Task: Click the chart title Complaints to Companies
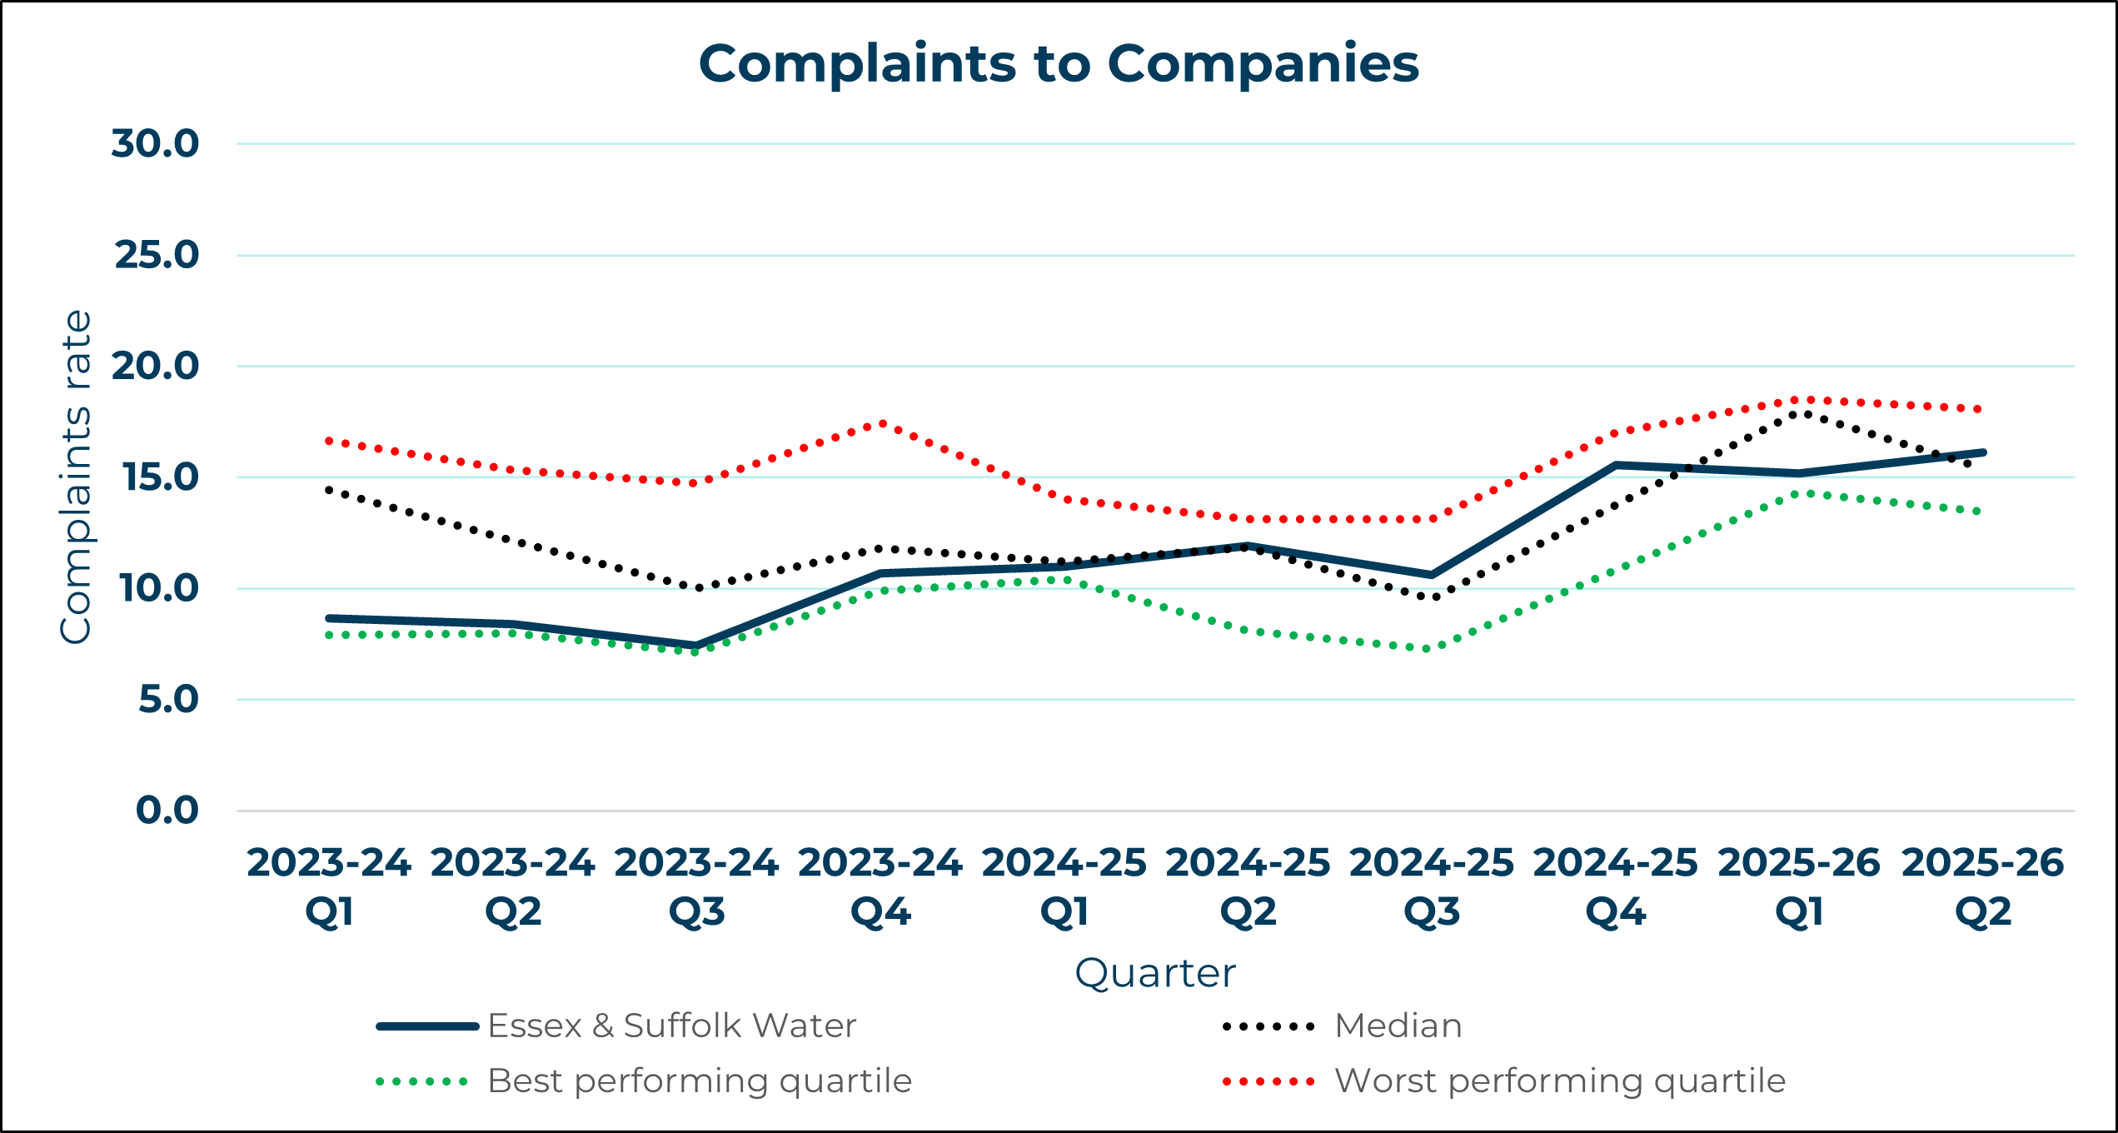[1058, 63]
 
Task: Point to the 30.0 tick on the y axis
[156, 143]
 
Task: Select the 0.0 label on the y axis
[167, 811]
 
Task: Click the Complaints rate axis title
[76, 477]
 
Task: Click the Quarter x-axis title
[1155, 973]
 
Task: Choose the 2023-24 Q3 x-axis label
[696, 887]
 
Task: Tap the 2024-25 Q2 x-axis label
[1248, 887]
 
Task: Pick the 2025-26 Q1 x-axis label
[1799, 887]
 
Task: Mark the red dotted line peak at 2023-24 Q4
[882, 424]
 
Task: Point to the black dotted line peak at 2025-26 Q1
[1799, 412]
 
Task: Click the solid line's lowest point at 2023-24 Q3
[696, 646]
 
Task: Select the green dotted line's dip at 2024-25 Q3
[1429, 648]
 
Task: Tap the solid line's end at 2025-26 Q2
[1983, 452]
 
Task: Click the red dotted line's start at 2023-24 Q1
[330, 441]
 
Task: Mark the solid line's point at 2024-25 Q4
[1616, 465]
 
